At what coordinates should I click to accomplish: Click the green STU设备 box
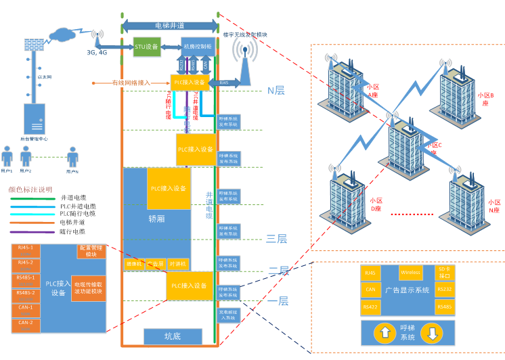[x=146, y=47]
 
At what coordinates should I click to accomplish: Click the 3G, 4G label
[x=97, y=52]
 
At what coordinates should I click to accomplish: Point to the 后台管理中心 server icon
[x=34, y=118]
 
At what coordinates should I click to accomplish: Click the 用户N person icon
[x=72, y=158]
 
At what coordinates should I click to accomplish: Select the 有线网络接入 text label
[x=131, y=83]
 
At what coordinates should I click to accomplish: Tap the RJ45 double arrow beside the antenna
[x=223, y=82]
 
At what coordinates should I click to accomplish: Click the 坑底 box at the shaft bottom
[x=173, y=336]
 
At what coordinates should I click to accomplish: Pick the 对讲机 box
[x=178, y=264]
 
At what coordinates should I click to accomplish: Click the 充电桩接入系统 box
[x=228, y=315]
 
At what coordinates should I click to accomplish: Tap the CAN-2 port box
[x=26, y=325]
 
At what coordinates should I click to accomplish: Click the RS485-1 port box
[x=26, y=280]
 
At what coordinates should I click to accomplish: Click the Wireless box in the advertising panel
[x=410, y=273]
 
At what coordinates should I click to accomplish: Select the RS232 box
[x=444, y=290]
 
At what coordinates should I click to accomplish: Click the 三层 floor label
[x=276, y=238]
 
